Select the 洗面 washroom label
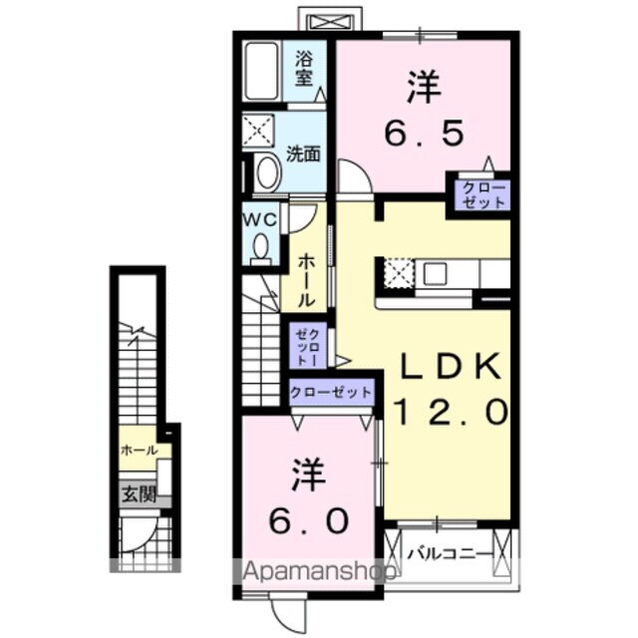point(303,154)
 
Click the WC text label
point(261,218)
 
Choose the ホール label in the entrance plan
point(139,451)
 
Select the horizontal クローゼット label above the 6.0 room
point(332,392)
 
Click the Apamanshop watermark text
point(315,572)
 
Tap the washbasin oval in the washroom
point(267,172)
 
